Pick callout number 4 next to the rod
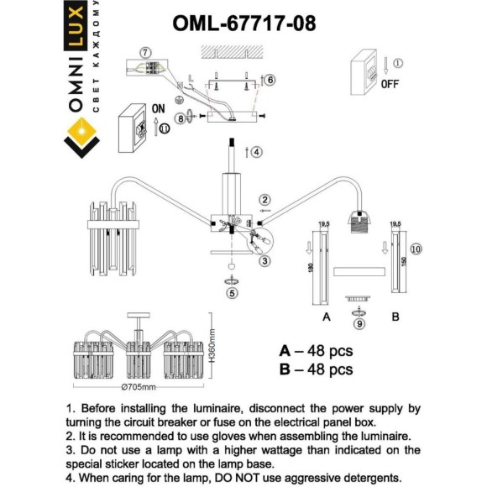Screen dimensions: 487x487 (256, 152)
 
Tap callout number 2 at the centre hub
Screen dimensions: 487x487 (264, 200)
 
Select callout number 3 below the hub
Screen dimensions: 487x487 (264, 261)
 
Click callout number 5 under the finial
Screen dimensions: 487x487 (231, 293)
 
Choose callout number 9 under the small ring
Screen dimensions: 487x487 (359, 323)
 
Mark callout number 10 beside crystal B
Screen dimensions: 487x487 (417, 249)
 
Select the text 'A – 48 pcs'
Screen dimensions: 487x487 (316, 350)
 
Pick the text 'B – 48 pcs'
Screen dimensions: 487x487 (316, 369)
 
